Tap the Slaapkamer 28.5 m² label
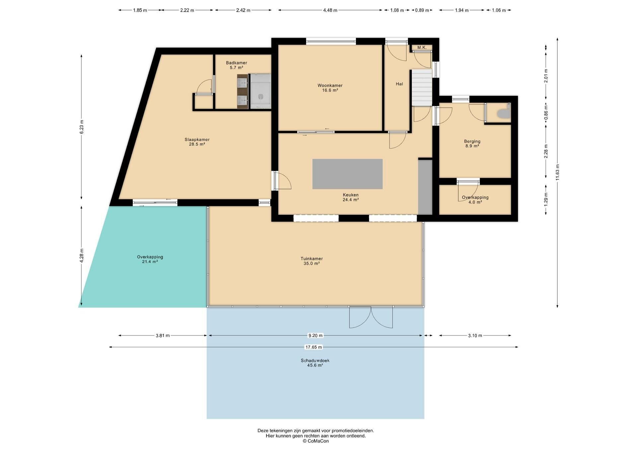click(x=197, y=142)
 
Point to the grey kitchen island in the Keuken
click(x=347, y=174)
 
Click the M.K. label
click(x=422, y=47)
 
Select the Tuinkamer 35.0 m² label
click(x=312, y=261)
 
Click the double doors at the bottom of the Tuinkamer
click(x=371, y=317)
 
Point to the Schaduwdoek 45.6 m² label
click(x=315, y=363)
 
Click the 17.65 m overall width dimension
click(x=314, y=347)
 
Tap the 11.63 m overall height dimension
click(x=557, y=173)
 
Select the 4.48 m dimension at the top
click(x=330, y=10)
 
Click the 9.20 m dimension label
click(x=316, y=335)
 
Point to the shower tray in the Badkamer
click(x=261, y=91)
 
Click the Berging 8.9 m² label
click(x=472, y=143)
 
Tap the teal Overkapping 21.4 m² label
click(x=150, y=259)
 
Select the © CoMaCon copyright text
click(x=316, y=441)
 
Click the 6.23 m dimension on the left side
click(x=82, y=127)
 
